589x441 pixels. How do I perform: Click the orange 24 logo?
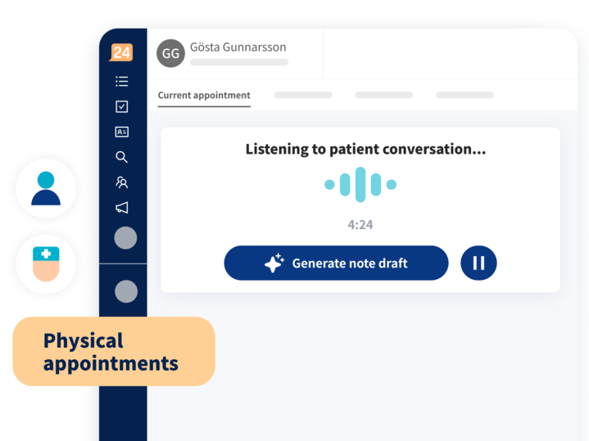click(121, 52)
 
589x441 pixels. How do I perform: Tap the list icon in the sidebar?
click(122, 82)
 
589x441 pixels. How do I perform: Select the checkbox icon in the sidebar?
click(122, 106)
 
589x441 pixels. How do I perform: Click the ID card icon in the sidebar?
click(122, 132)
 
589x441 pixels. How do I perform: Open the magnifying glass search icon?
click(122, 157)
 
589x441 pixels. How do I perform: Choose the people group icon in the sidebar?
click(122, 182)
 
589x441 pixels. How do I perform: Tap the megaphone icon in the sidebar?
click(122, 208)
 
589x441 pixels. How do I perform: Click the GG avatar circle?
click(170, 53)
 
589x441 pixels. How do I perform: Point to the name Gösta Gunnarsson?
click(238, 47)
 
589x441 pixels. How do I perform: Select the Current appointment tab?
click(204, 96)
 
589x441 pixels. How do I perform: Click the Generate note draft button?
click(336, 263)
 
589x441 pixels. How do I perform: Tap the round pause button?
click(478, 263)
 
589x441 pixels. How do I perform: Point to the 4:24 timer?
click(360, 225)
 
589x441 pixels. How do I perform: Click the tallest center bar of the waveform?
click(360, 184)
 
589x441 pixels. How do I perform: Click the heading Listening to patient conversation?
click(365, 149)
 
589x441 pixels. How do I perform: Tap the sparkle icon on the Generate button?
click(274, 263)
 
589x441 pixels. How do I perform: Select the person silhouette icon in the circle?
click(46, 188)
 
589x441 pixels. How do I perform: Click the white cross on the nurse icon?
click(46, 254)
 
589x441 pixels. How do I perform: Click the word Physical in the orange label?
click(84, 341)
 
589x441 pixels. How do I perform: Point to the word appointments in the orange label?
click(111, 363)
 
